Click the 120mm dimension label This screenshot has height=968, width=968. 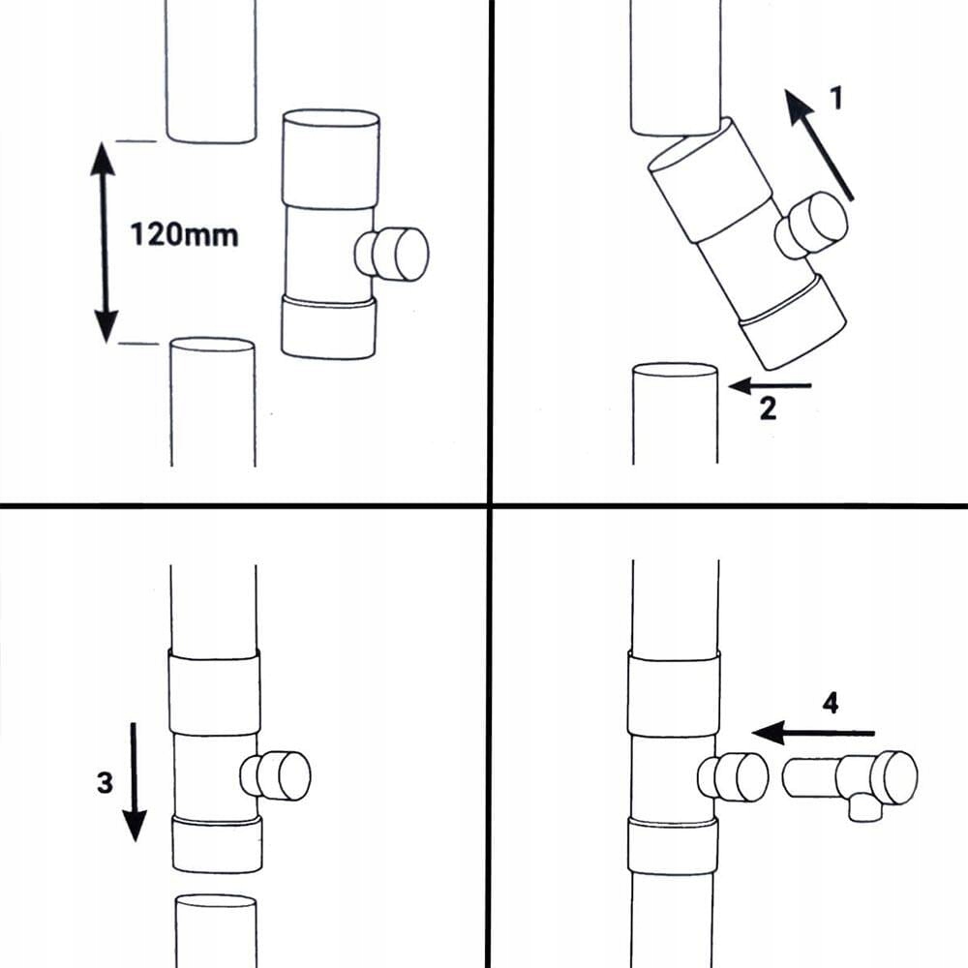[x=184, y=234]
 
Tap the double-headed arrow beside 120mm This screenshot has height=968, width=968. [x=104, y=242]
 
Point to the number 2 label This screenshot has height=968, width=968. [x=768, y=409]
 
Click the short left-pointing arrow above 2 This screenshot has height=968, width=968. [x=770, y=386]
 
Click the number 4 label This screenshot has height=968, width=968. [x=830, y=704]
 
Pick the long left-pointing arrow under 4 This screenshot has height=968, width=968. [x=813, y=733]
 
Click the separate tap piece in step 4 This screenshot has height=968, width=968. [x=852, y=779]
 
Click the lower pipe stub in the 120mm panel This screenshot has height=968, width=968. [x=212, y=402]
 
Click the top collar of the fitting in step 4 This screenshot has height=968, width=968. [x=674, y=693]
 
